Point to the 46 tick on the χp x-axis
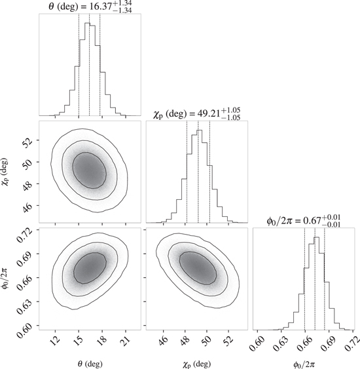click(163, 340)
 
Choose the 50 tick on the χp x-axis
click(207, 340)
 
